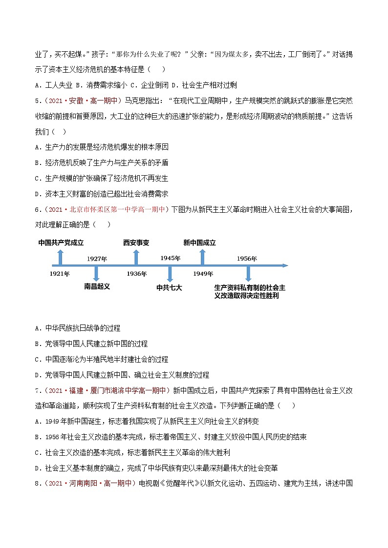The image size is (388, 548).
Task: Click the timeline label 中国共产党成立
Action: [61, 243]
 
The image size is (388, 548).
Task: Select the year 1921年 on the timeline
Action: [59, 274]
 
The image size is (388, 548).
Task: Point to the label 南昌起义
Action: [97, 286]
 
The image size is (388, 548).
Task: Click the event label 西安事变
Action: [136, 243]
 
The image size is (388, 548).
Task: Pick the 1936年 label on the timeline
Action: [136, 274]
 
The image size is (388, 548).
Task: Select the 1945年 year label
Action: [171, 258]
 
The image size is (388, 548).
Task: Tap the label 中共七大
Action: [169, 288]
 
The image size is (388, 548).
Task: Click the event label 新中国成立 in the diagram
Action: [199, 243]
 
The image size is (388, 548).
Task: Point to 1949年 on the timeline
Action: [203, 274]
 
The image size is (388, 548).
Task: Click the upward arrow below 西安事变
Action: [136, 257]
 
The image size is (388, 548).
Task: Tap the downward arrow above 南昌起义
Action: [97, 273]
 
